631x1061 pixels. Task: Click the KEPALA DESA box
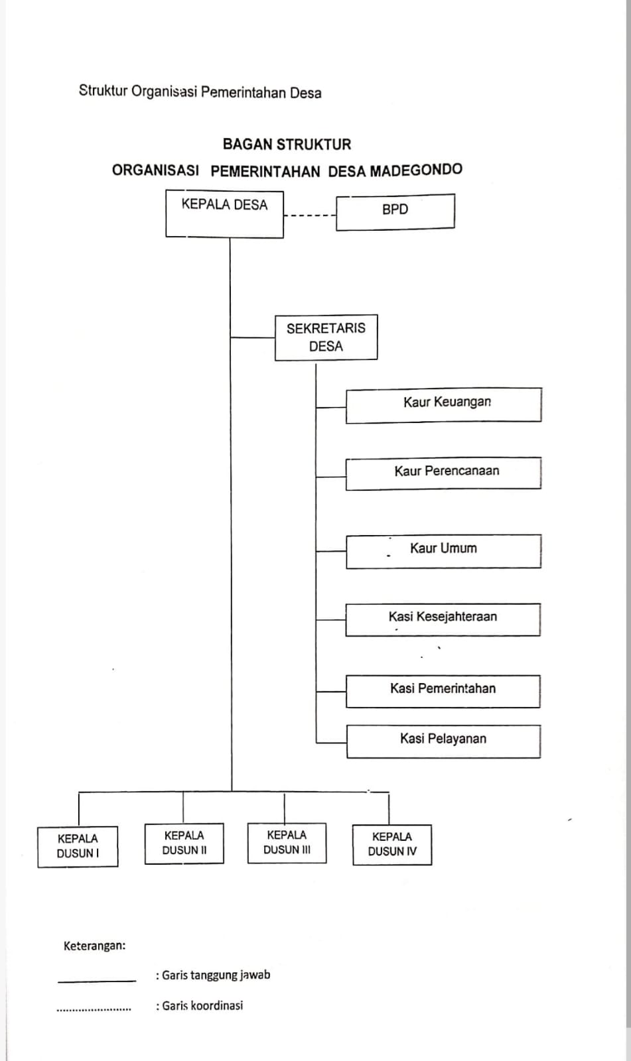[225, 214]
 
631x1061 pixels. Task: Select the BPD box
[395, 212]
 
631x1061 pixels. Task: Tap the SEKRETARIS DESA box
[326, 338]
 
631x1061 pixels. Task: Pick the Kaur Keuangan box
[444, 405]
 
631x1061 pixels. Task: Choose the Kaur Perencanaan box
[443, 473]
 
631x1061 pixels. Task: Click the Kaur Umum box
[443, 551]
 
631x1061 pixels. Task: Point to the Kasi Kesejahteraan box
[443, 619]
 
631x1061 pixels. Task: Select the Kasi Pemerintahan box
[443, 692]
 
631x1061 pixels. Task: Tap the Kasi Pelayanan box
[443, 741]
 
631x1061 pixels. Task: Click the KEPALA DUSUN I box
[78, 847]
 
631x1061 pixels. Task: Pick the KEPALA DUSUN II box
[184, 843]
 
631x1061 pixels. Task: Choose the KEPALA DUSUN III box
[287, 843]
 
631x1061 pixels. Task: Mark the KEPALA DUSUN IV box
[392, 845]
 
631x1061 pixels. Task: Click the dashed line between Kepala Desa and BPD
[310, 216]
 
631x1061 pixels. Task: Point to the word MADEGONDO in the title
[416, 170]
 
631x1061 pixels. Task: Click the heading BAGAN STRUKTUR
[287, 145]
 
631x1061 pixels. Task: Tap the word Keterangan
[95, 946]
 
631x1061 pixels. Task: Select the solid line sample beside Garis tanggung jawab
[97, 981]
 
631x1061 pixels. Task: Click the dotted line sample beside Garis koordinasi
[94, 1011]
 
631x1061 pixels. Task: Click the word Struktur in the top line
[104, 90]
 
